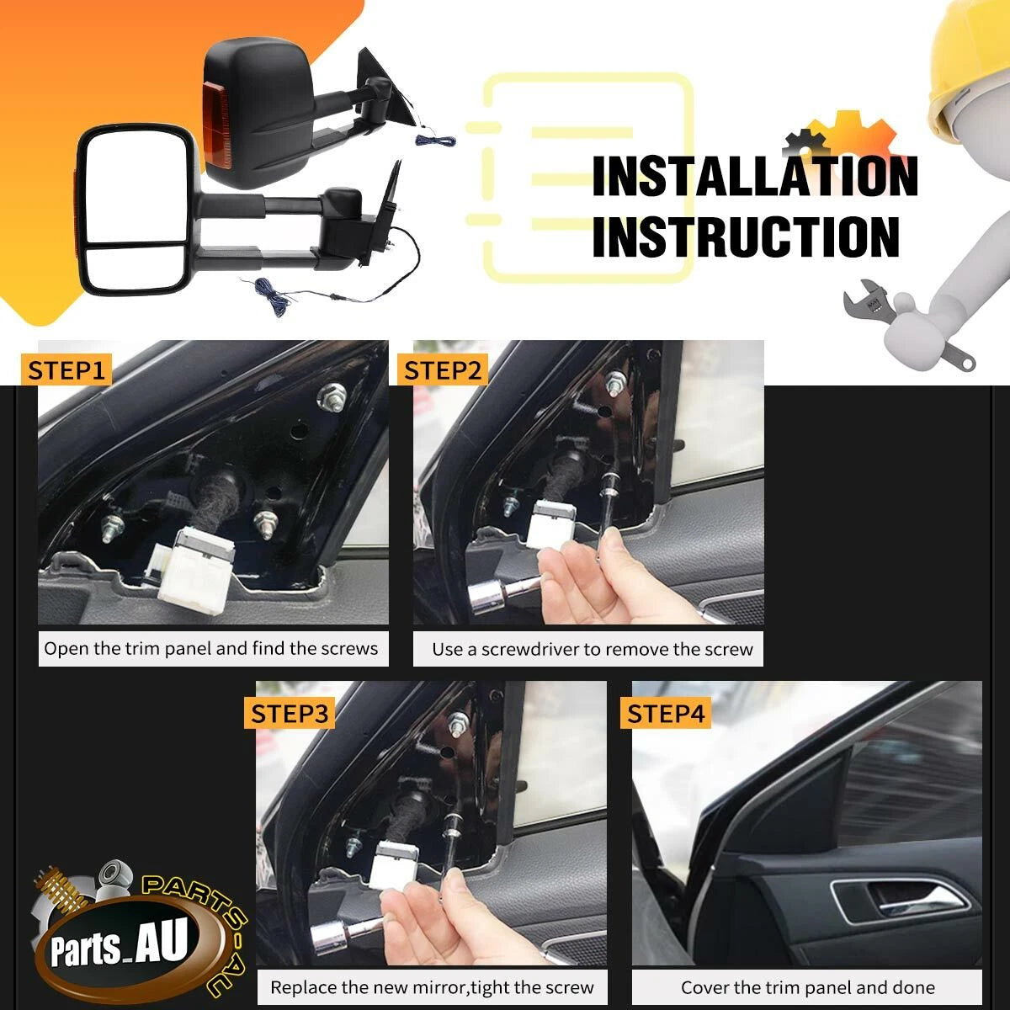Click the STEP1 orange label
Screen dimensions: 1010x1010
click(66, 370)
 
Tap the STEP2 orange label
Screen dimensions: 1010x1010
click(443, 370)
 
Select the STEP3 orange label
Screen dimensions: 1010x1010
click(290, 714)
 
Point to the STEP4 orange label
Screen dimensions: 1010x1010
click(666, 714)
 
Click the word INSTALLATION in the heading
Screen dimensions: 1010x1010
click(755, 176)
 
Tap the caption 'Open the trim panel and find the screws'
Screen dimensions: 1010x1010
click(210, 649)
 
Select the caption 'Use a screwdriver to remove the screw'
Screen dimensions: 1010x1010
click(593, 650)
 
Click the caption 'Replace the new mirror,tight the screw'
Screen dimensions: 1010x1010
click(432, 987)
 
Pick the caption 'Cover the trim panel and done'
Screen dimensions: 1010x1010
click(808, 987)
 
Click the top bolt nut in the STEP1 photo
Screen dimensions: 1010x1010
click(332, 396)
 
